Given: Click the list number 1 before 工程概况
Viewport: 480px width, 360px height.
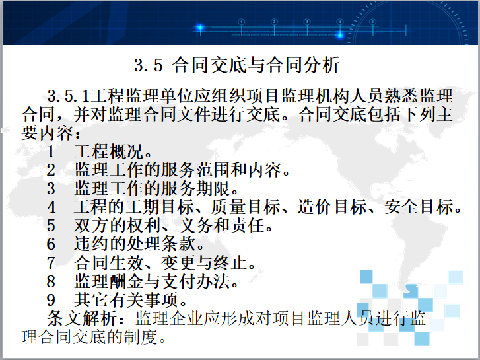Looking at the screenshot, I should coord(51,151).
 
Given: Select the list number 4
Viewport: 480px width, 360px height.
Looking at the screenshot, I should coord(51,207).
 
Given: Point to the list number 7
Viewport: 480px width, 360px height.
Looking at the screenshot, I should coord(51,264).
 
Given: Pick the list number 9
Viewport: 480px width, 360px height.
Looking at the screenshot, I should coord(51,301).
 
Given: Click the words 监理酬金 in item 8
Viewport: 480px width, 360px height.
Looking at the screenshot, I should coord(107,282).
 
